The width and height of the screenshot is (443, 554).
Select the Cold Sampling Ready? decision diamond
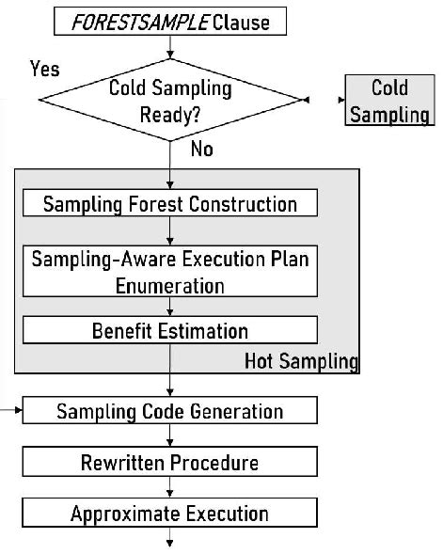(x=169, y=100)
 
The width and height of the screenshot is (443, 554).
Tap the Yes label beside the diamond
(x=45, y=70)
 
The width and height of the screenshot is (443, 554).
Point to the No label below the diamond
(x=201, y=149)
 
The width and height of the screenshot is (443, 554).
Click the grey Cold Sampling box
(x=388, y=101)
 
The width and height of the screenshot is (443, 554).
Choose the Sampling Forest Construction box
(x=169, y=203)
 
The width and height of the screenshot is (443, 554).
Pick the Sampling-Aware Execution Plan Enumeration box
(x=169, y=271)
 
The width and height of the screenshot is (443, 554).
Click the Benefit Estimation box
(x=169, y=330)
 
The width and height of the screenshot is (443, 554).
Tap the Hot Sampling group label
(x=301, y=360)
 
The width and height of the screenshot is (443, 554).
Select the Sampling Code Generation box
(x=169, y=411)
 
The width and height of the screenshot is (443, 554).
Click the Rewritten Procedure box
(x=169, y=462)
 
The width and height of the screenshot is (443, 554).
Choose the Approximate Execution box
(x=169, y=513)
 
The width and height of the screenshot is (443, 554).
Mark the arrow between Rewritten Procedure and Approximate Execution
(x=170, y=487)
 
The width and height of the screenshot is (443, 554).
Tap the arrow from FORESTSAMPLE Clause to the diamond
(x=170, y=47)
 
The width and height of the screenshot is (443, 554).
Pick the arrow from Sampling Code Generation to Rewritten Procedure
(x=170, y=436)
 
